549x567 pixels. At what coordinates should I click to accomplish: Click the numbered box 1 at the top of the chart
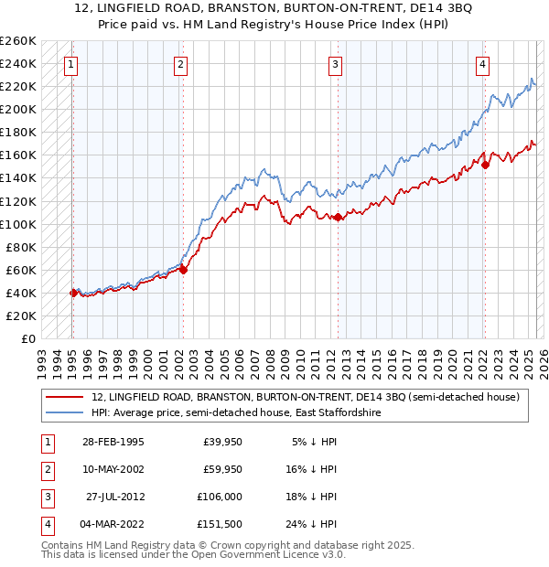(x=71, y=64)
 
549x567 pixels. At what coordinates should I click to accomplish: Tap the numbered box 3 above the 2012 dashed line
(x=336, y=64)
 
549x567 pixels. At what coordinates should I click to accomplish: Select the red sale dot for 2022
(x=485, y=165)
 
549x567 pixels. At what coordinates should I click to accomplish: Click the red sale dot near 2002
(x=183, y=269)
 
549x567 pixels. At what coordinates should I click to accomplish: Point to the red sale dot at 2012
(x=338, y=217)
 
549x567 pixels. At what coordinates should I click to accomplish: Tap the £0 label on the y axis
(x=28, y=338)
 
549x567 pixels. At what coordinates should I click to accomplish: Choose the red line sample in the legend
(x=64, y=398)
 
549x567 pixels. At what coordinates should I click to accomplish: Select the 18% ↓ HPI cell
(x=313, y=497)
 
